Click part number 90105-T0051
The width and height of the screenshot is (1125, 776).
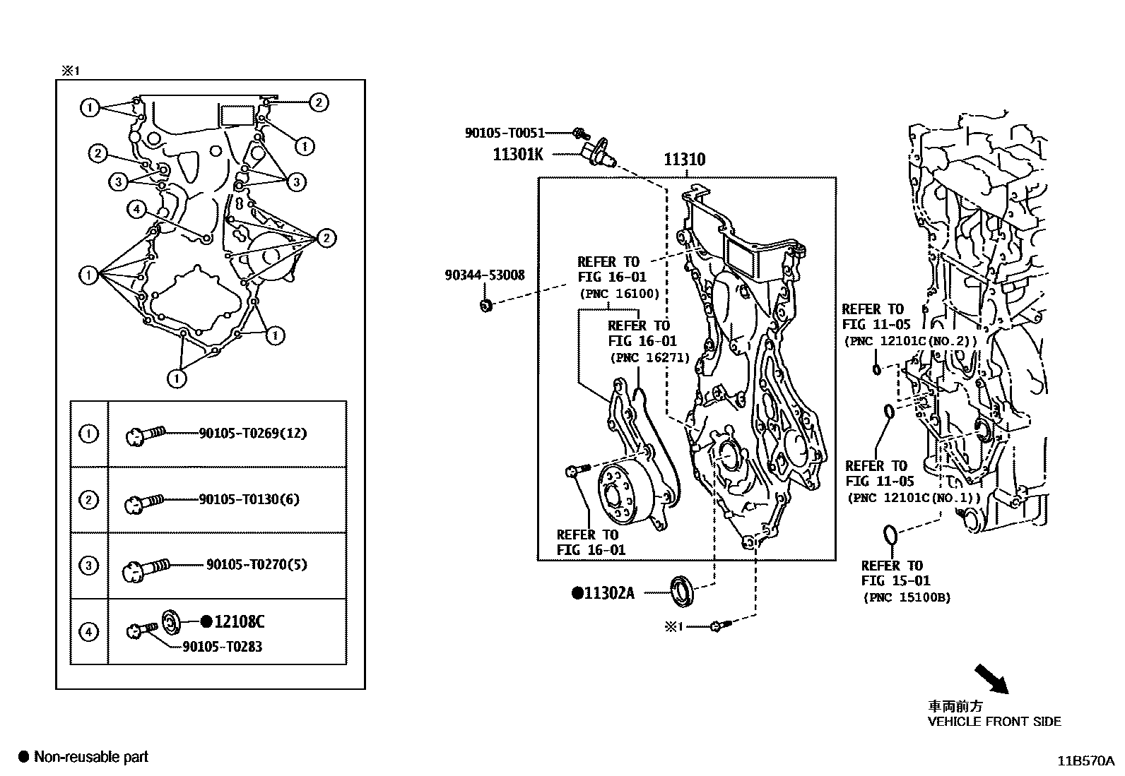click(x=505, y=132)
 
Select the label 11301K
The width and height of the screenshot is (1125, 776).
click(x=518, y=154)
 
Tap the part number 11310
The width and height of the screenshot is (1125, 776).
click(x=684, y=160)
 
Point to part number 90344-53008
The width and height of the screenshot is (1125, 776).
click(x=485, y=275)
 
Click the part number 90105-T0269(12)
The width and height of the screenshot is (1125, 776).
click(x=253, y=433)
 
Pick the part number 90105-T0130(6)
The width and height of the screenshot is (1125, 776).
click(x=249, y=499)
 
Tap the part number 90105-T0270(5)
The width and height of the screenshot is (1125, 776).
click(x=257, y=564)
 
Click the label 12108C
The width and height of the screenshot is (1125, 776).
click(x=239, y=621)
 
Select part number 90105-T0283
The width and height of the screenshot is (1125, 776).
click(x=222, y=646)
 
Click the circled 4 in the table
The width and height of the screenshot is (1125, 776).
click(x=88, y=631)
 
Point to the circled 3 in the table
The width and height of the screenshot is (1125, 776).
click(x=88, y=566)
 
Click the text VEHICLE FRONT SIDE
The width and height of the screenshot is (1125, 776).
click(x=994, y=721)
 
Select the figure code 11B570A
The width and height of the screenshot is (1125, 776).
click(x=1085, y=760)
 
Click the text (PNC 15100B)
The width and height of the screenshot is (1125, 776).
click(x=907, y=597)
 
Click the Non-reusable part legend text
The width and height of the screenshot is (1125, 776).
click(x=91, y=757)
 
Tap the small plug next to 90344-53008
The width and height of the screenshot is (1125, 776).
click(x=485, y=305)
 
